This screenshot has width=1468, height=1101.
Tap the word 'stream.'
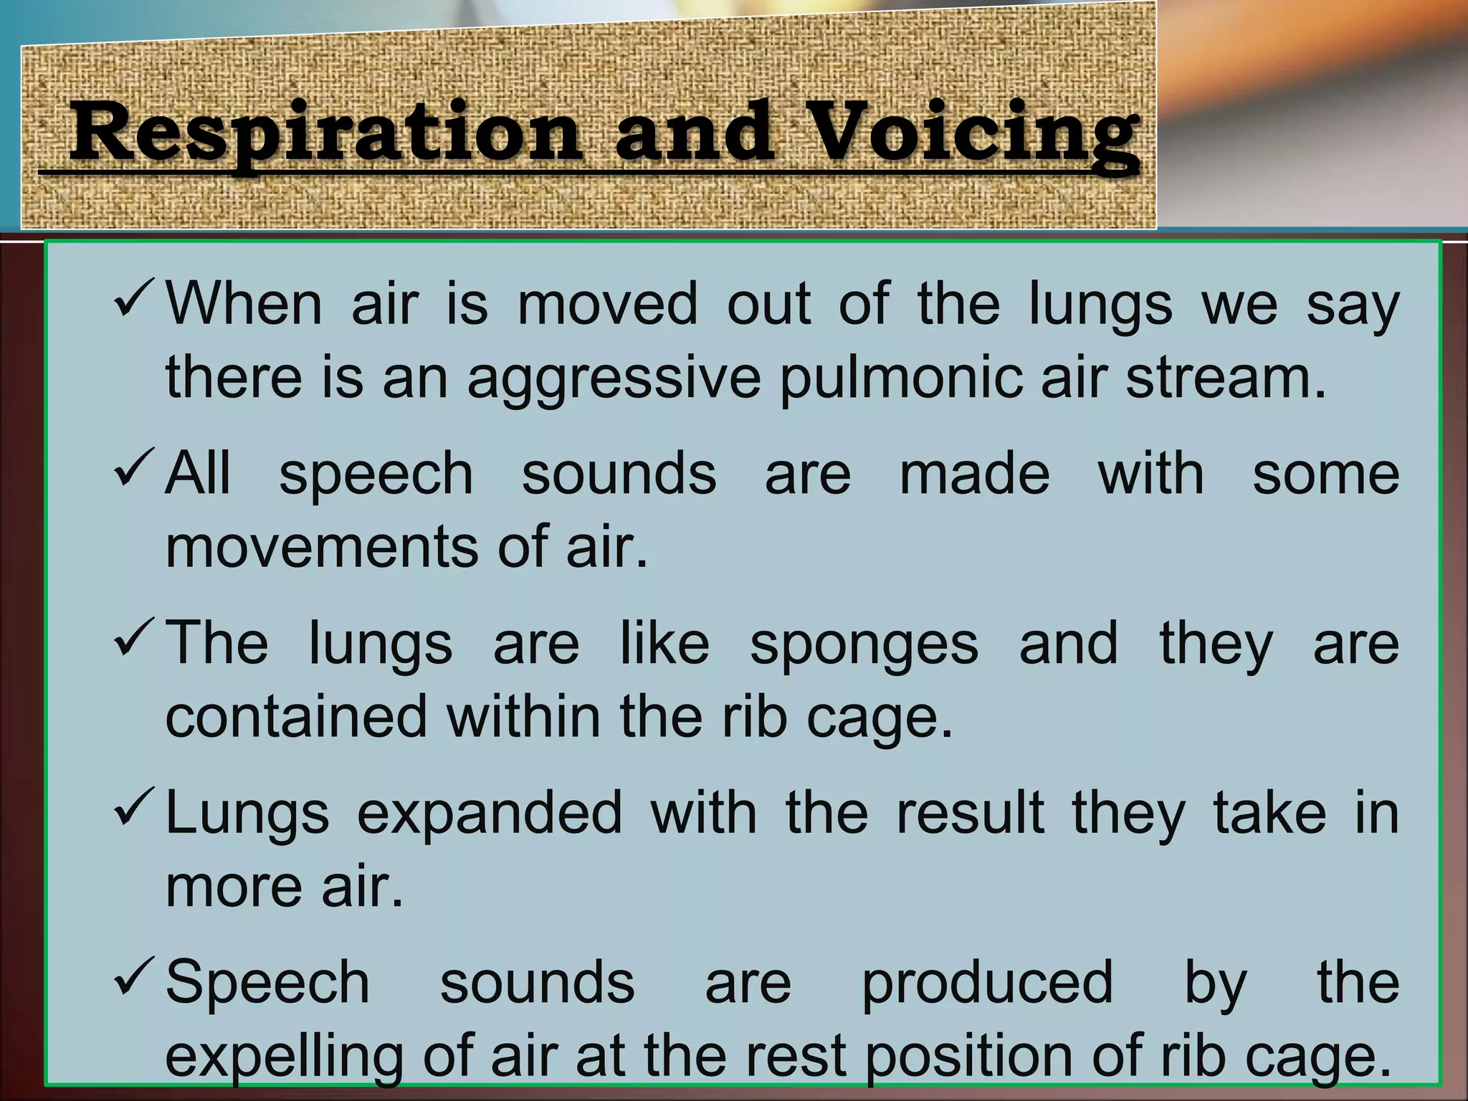tap(1226, 377)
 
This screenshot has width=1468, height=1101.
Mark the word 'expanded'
tap(490, 814)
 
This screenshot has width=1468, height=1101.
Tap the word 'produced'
tap(987, 984)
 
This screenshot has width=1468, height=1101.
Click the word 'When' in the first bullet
tap(244, 304)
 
